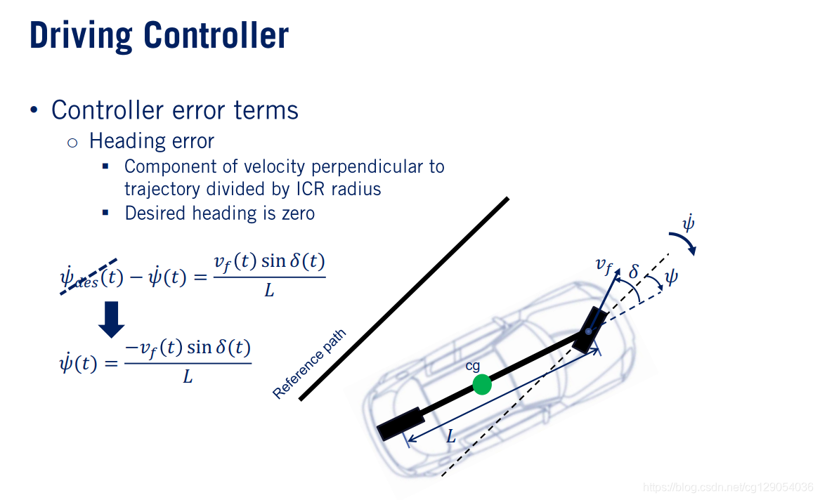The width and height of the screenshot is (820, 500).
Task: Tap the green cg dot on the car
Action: click(x=481, y=384)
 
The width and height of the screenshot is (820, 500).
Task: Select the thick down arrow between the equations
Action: click(x=111, y=320)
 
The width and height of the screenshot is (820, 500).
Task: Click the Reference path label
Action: click(x=309, y=364)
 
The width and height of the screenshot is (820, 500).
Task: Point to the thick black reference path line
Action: click(x=404, y=298)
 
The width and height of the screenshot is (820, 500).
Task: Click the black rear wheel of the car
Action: click(x=401, y=423)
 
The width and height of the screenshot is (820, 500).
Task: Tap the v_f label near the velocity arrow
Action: click(x=604, y=265)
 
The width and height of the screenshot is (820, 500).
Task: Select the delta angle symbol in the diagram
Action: click(x=634, y=270)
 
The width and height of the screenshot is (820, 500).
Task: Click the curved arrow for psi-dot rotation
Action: click(x=685, y=245)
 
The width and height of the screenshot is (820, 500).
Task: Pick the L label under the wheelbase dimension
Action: click(x=451, y=438)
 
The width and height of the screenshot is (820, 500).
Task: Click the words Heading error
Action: click(x=151, y=141)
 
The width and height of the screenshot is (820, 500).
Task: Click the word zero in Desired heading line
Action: click(x=298, y=213)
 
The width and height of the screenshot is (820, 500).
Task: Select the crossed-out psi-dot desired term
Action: click(x=90, y=277)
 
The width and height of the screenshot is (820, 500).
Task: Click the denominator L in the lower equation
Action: click(x=188, y=377)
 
